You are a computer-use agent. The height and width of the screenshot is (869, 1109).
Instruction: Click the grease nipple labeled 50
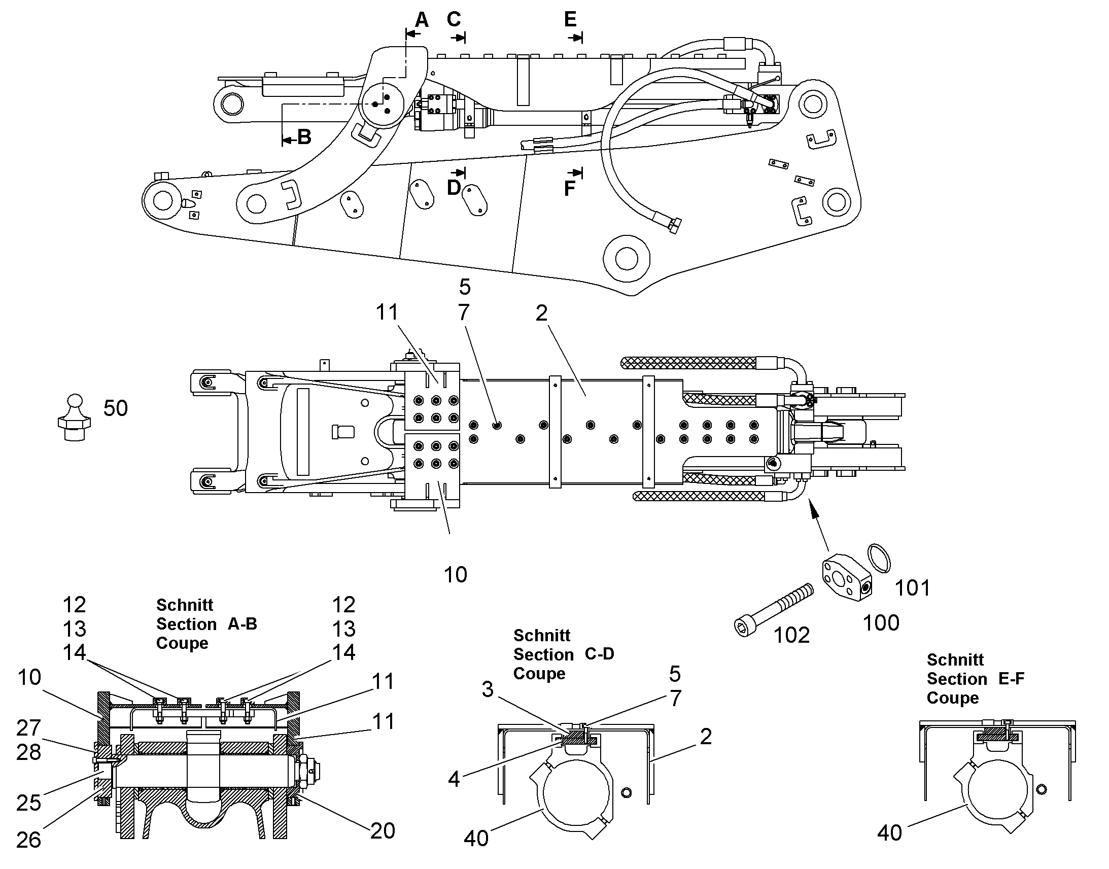(x=74, y=417)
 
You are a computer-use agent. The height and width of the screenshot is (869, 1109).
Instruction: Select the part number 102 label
(x=791, y=635)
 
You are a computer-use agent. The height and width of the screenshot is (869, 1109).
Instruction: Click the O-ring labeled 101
(x=879, y=558)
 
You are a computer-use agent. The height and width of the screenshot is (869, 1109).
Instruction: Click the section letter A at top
(x=422, y=20)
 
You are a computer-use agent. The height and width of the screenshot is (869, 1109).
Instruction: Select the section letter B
(x=304, y=137)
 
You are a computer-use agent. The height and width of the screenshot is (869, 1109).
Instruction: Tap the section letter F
(x=570, y=189)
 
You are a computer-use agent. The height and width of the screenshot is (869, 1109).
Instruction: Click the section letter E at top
(x=570, y=19)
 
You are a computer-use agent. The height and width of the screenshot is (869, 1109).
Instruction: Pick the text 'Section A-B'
(x=206, y=624)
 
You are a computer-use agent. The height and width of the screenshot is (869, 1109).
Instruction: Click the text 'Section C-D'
(x=564, y=654)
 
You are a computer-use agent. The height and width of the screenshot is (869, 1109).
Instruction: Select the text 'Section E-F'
(x=976, y=678)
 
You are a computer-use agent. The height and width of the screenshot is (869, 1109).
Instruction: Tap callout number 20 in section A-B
(x=383, y=831)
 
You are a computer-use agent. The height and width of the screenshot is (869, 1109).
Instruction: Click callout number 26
(x=28, y=840)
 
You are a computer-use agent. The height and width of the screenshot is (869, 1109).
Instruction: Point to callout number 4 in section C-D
(x=454, y=779)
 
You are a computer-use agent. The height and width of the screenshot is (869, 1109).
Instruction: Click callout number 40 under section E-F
(x=890, y=833)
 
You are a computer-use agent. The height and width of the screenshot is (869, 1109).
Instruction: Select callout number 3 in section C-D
(x=488, y=689)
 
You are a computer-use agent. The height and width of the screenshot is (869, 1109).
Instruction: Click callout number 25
(x=28, y=803)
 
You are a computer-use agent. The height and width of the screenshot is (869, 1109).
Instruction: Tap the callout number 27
(x=28, y=728)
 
